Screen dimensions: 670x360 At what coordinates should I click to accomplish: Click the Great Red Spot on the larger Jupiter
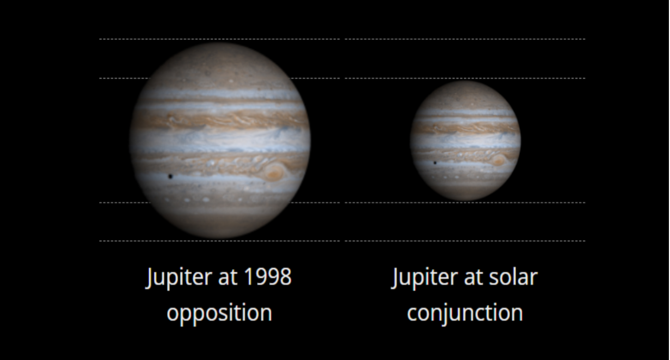coord(274,172)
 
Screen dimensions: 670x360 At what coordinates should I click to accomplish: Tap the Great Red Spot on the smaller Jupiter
coord(498,160)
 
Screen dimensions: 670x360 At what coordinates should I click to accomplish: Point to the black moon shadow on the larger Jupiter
coord(170,176)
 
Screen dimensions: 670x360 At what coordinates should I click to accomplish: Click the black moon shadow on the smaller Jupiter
coord(435,163)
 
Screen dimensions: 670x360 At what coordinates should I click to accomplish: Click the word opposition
coord(219,313)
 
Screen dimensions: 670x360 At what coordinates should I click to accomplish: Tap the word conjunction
coord(465,313)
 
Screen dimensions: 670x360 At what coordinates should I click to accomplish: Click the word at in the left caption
coord(228,278)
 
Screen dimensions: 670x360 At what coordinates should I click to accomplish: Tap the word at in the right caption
coord(474,278)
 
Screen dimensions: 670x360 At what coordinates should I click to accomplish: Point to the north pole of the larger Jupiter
coord(220,43)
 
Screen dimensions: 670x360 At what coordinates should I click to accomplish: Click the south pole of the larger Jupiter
coord(220,237)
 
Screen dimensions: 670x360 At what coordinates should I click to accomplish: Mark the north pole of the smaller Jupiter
coord(465,81)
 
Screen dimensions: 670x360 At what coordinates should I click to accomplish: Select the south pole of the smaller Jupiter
coord(465,200)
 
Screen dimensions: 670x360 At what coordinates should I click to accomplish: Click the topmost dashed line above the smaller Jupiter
coord(465,39)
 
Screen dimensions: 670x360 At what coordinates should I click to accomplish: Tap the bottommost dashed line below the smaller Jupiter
coord(465,241)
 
